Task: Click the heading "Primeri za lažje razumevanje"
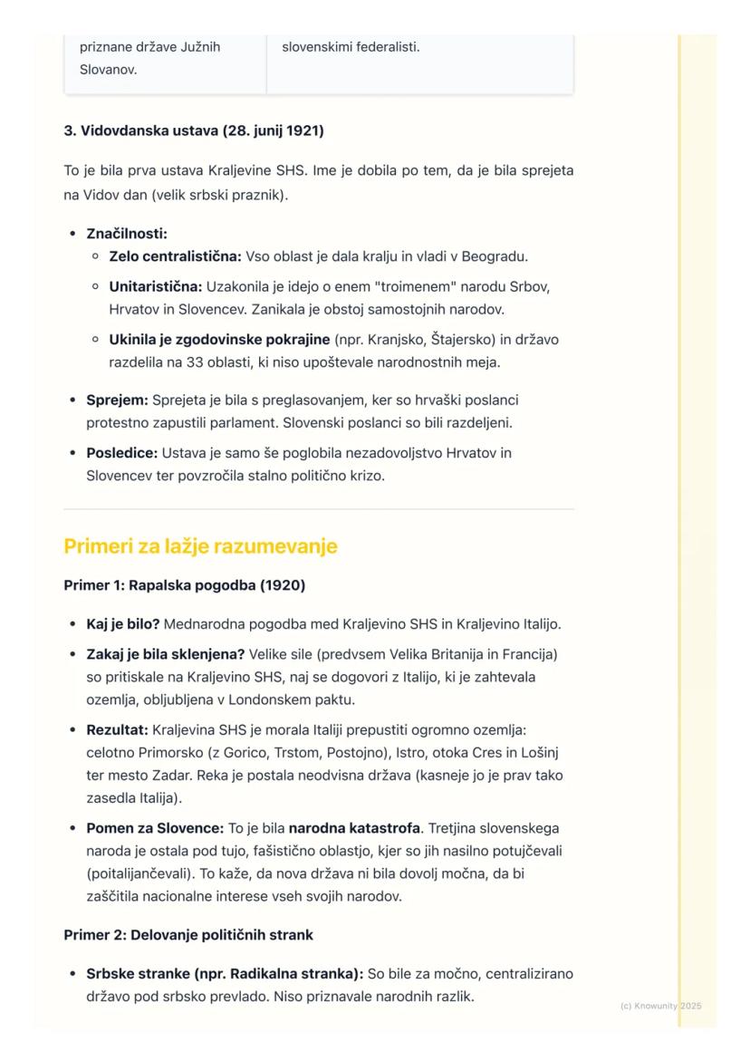pyautogui.click(x=200, y=546)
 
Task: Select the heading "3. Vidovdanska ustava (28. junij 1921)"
pyautogui.click(x=194, y=130)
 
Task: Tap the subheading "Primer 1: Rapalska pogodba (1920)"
pyautogui.click(x=184, y=585)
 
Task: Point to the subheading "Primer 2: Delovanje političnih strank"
pyautogui.click(x=188, y=934)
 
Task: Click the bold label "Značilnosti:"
pyautogui.click(x=127, y=234)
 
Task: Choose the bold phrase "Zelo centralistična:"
pyautogui.click(x=175, y=256)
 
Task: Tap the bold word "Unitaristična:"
pyautogui.click(x=156, y=286)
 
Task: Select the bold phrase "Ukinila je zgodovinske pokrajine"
pyautogui.click(x=219, y=340)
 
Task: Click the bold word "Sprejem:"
pyautogui.click(x=117, y=400)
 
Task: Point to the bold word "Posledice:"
pyautogui.click(x=122, y=452)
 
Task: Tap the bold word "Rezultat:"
pyautogui.click(x=118, y=729)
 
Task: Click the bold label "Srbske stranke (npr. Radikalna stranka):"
pyautogui.click(x=224, y=974)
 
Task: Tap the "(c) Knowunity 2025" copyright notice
pyautogui.click(x=661, y=1006)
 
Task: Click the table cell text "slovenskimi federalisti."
pyautogui.click(x=351, y=46)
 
